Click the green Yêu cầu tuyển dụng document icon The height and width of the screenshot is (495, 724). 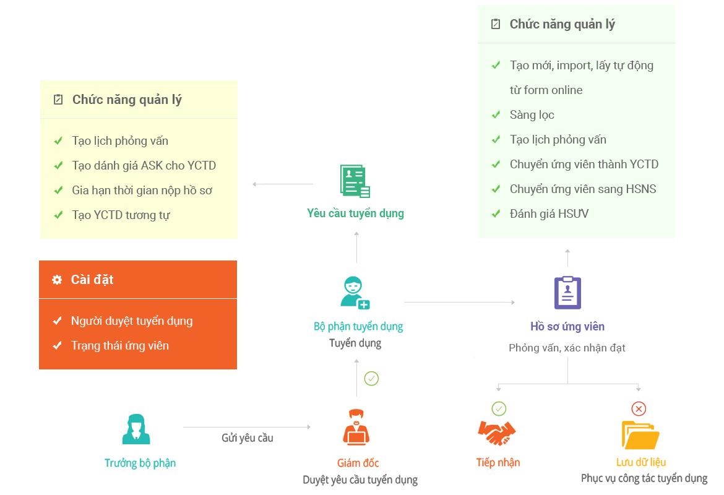click(355, 181)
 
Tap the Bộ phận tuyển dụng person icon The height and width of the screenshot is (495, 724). click(355, 293)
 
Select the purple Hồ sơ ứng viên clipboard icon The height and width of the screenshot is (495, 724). click(567, 292)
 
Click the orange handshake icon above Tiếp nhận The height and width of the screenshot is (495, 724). click(497, 433)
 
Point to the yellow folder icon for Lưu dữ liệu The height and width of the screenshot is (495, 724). click(640, 435)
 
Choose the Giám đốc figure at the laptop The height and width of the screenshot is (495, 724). click(356, 427)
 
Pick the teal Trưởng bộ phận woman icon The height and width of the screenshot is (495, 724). click(136, 429)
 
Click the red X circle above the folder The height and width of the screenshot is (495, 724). click(639, 408)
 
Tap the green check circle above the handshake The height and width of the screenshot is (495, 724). click(499, 408)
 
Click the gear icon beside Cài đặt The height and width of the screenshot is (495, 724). click(57, 280)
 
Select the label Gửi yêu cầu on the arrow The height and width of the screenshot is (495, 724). click(247, 437)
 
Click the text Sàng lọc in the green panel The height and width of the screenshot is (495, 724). click(532, 115)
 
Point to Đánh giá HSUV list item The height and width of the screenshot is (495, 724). click(549, 214)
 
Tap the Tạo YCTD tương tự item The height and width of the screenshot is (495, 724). click(121, 215)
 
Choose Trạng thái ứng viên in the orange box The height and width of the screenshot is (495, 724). click(120, 346)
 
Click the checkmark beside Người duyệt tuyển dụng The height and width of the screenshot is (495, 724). click(58, 321)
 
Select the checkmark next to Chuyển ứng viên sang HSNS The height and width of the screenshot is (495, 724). click(496, 189)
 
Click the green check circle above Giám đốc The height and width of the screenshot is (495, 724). click(371, 379)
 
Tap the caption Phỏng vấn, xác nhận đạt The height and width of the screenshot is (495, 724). click(567, 348)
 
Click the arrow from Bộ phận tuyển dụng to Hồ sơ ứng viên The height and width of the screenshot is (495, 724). click(459, 302)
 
